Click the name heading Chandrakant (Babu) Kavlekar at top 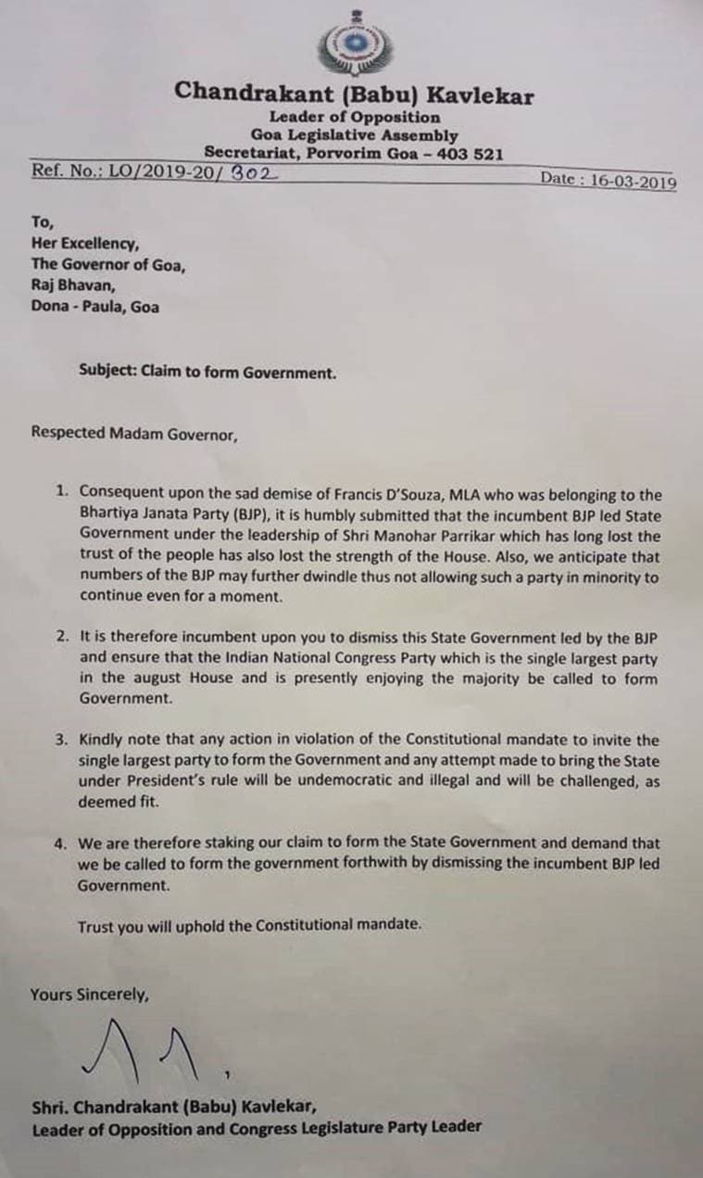point(354,93)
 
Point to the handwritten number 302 point(256,171)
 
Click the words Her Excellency point(85,244)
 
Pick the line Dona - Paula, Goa point(94,306)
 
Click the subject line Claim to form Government point(207,373)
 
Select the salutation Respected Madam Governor point(133,432)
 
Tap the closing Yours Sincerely point(89,994)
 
